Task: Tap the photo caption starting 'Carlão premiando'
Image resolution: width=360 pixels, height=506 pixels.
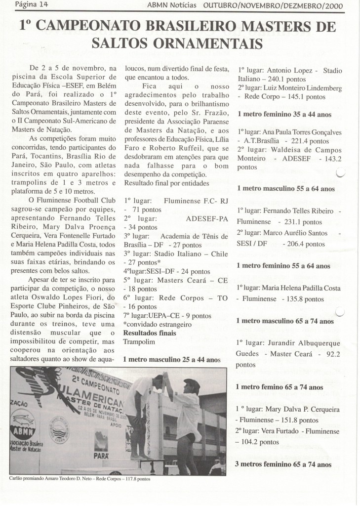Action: [x=79, y=478]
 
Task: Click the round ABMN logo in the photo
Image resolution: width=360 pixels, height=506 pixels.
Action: [x=23, y=421]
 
